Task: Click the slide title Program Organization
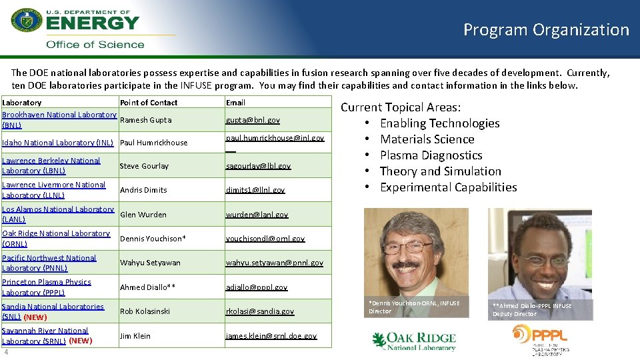(x=546, y=30)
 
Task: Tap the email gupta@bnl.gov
(x=253, y=120)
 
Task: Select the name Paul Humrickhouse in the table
(x=153, y=142)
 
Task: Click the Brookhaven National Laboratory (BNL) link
(x=59, y=119)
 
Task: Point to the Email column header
(x=235, y=103)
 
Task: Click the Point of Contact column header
(x=149, y=103)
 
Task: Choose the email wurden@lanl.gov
(x=257, y=215)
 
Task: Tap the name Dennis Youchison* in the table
(x=153, y=238)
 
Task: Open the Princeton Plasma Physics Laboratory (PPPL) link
(x=47, y=287)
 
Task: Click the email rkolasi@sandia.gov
(x=259, y=311)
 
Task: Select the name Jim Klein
(x=135, y=336)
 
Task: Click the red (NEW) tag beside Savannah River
(x=80, y=341)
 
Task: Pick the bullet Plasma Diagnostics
(x=431, y=155)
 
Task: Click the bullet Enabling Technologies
(x=439, y=123)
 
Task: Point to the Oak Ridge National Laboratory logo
(x=414, y=341)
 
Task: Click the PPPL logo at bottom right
(x=539, y=339)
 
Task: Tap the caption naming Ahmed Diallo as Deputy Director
(x=532, y=309)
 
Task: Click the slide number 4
(x=5, y=352)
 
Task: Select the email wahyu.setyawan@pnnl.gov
(x=274, y=263)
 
